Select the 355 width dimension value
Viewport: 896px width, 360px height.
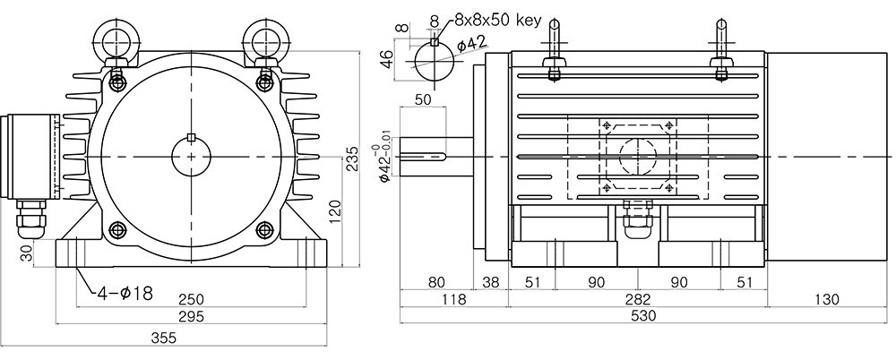click(x=163, y=339)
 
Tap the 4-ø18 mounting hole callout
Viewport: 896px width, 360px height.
click(x=125, y=294)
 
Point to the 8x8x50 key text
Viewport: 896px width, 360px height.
click(x=497, y=21)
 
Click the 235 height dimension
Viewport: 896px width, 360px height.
click(x=351, y=159)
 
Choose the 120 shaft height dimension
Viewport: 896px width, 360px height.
click(x=335, y=211)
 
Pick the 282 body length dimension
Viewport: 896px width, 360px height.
click(x=638, y=299)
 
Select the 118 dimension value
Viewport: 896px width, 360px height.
click(x=455, y=299)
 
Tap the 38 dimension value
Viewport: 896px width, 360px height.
click(x=490, y=282)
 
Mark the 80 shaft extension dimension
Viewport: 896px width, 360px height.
click(x=436, y=282)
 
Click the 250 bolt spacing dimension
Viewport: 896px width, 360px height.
click(x=191, y=299)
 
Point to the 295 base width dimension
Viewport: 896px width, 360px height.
click(x=191, y=316)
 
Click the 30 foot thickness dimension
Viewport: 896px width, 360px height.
click(x=27, y=253)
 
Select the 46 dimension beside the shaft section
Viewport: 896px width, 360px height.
click(x=387, y=59)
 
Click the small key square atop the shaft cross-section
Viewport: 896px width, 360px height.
click(x=435, y=41)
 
